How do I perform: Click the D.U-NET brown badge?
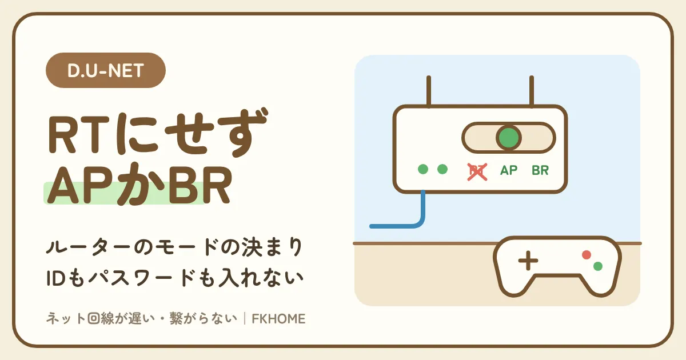click(x=106, y=70)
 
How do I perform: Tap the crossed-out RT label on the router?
click(x=477, y=172)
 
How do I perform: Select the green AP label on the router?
click(x=509, y=170)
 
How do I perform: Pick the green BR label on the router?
click(x=540, y=170)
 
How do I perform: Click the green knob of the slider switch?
click(x=509, y=138)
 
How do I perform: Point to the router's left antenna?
click(x=429, y=91)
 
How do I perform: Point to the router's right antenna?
click(x=532, y=91)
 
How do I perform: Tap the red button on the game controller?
click(x=587, y=255)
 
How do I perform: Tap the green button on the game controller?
click(x=598, y=266)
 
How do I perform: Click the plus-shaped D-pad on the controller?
click(x=528, y=261)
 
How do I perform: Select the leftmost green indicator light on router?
click(x=423, y=169)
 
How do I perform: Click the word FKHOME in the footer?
click(x=278, y=319)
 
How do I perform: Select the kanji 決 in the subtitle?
click(x=253, y=247)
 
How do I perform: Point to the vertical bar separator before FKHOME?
click(x=245, y=319)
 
